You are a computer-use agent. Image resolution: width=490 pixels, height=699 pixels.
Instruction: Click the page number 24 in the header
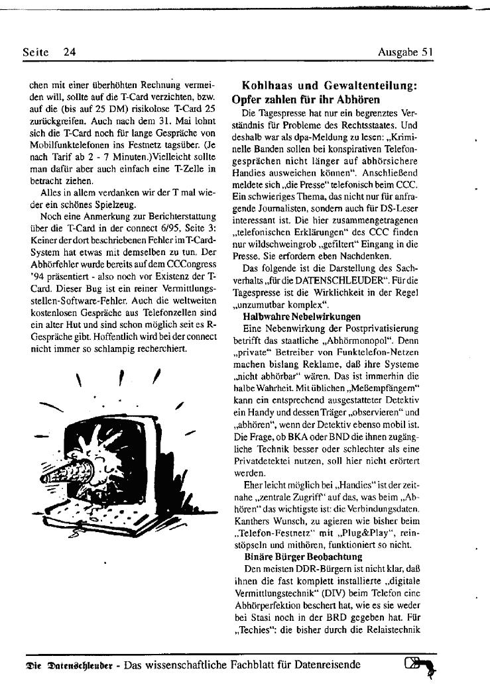70,51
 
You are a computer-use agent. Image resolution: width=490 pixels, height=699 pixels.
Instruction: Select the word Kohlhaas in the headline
266,86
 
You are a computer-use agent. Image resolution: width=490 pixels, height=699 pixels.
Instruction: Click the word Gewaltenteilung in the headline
371,86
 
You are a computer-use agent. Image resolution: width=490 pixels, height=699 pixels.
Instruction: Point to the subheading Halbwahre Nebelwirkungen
302,317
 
